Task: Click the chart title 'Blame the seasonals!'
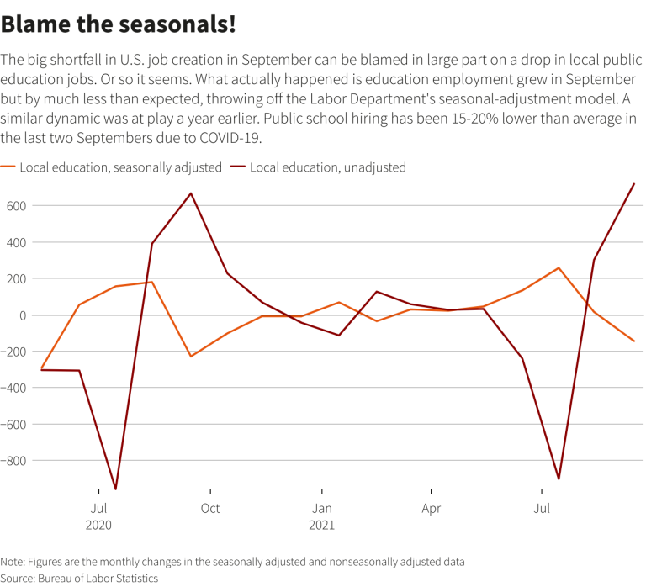point(118,24)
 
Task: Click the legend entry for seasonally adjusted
point(118,167)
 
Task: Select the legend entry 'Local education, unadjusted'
point(327,167)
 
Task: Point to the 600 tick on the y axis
point(17,205)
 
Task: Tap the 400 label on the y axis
point(17,242)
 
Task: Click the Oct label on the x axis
point(210,508)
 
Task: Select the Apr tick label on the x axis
point(431,508)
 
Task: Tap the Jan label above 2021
point(321,508)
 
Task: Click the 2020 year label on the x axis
point(98,525)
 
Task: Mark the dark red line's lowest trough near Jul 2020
point(115,489)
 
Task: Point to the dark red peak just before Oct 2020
point(191,193)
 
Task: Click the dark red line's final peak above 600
point(633,183)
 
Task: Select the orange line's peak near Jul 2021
point(559,268)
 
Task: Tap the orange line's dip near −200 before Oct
point(190,357)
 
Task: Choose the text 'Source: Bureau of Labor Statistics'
point(79,578)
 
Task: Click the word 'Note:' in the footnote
point(13,562)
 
